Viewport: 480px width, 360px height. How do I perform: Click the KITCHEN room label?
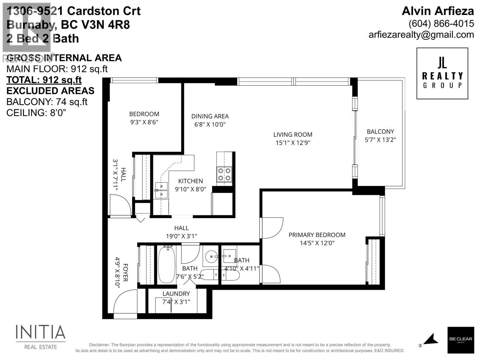[190, 181]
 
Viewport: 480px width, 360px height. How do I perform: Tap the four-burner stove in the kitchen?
[224, 174]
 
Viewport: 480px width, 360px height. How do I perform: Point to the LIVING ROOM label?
[292, 135]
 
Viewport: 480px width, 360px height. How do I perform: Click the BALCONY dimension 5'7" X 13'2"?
[380, 140]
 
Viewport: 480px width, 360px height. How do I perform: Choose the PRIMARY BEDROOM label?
[317, 235]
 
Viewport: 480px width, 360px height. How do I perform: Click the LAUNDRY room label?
[176, 294]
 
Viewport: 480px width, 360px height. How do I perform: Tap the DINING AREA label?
[210, 116]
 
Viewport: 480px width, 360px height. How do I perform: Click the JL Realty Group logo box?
[442, 73]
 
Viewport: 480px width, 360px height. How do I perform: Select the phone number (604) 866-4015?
[441, 23]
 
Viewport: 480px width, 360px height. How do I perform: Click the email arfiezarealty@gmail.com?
[421, 35]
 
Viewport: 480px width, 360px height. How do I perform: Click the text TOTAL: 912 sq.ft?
[44, 80]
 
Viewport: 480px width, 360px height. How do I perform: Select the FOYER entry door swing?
[124, 301]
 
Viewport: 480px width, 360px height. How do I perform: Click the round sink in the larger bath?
[212, 257]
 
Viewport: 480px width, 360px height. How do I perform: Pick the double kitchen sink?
[161, 190]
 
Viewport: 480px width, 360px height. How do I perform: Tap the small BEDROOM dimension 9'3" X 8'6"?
[144, 122]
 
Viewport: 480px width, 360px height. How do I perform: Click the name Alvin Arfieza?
[438, 11]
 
